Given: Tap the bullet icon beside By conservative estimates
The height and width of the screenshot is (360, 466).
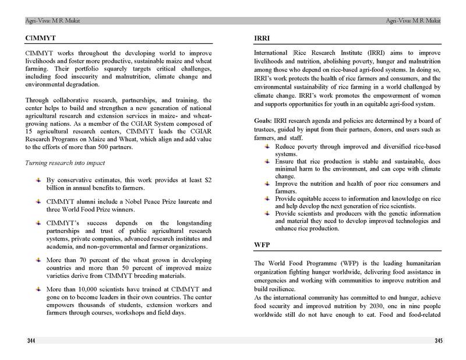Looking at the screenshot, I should click(38, 181).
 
